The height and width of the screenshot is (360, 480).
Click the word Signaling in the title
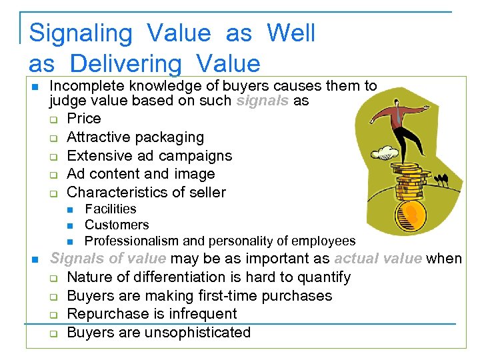(81, 33)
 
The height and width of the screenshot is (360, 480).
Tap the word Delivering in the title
(125, 64)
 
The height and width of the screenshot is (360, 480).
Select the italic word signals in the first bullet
(262, 101)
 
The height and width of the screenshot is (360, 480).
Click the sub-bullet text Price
(84, 119)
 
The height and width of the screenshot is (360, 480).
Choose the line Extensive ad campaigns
(149, 156)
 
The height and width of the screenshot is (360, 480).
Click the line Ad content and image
(141, 174)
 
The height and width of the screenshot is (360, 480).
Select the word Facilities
(111, 209)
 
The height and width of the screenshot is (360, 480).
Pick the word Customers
(117, 225)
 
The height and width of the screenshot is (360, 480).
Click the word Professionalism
(131, 241)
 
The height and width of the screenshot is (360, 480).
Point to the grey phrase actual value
(377, 259)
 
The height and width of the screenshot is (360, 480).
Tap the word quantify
(322, 277)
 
